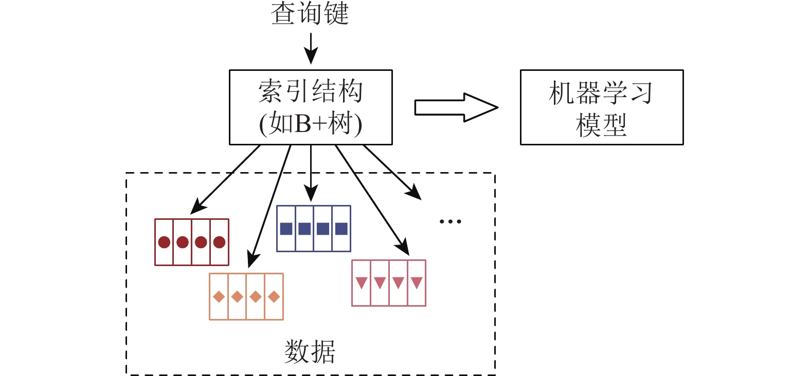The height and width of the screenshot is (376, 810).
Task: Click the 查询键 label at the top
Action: point(310,13)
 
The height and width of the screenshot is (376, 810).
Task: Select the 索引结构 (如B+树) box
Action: point(311,107)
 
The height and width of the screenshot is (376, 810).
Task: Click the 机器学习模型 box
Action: point(601,107)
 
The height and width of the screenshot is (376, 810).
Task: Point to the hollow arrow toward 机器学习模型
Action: point(456,107)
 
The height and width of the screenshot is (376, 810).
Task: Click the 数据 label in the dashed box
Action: point(310,352)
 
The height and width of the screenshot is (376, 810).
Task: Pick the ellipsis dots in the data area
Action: point(450,222)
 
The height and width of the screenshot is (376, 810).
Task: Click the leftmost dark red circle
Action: point(164,242)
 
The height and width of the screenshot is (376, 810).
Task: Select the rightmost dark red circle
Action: point(220,242)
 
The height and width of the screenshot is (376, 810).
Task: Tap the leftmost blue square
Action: point(286,229)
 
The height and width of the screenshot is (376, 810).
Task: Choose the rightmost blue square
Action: point(341,229)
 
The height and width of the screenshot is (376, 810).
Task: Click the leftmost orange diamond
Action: point(219,297)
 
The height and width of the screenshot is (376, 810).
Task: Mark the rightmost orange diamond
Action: point(274,297)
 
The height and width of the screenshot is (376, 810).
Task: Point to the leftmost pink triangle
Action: point(361,283)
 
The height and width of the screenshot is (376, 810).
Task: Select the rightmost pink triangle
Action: point(417,283)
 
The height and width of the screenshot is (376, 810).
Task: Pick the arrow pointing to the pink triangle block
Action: point(372,200)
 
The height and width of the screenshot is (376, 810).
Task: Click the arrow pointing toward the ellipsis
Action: point(392,172)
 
